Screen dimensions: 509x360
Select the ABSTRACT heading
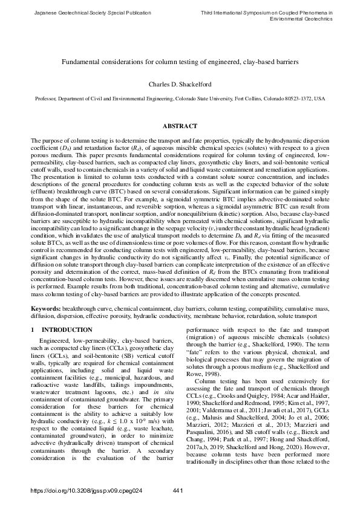click(x=180, y=126)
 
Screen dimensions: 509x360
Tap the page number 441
click(x=178, y=490)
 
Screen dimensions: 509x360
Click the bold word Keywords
click(x=45, y=308)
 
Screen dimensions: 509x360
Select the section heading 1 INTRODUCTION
click(x=61, y=329)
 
